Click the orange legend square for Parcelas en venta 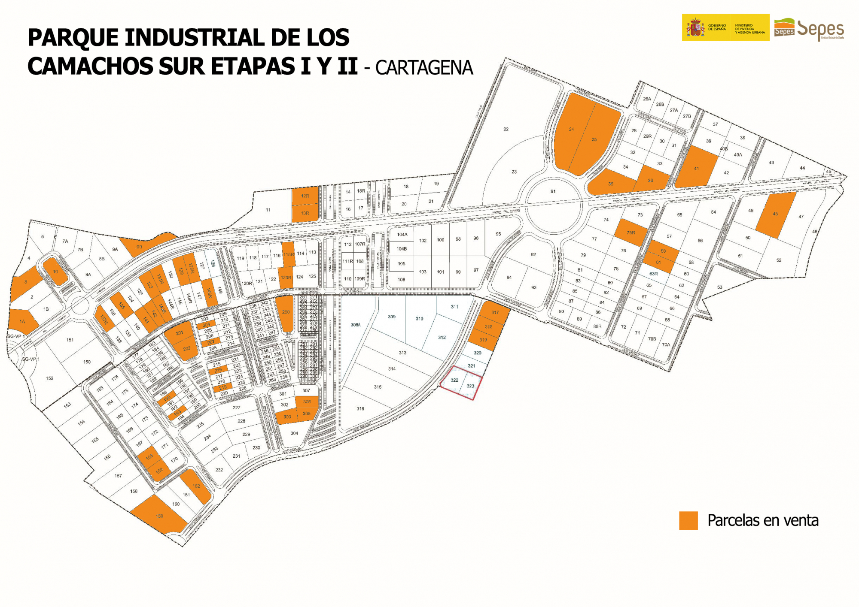coord(688,520)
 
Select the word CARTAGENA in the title coord(424,68)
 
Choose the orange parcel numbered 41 coord(696,168)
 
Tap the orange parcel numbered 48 coord(775,214)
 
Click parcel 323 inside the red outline coord(470,386)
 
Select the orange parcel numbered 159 coord(159,516)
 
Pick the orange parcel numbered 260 coord(285,313)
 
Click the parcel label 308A coord(356,325)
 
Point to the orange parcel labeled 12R coord(305,196)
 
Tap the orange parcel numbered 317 coord(495,312)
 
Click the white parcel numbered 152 coord(50,378)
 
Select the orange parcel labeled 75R coord(631,233)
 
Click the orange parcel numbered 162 coord(196,486)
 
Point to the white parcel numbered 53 coord(720,287)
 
